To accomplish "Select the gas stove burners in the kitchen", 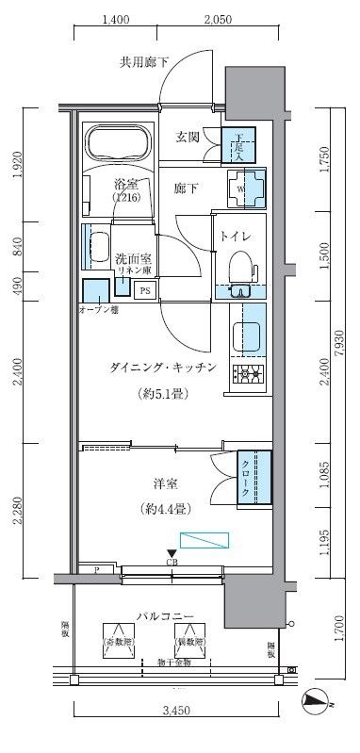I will pyautogui.click(x=250, y=374).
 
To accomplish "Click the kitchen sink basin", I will pyautogui.click(x=248, y=335).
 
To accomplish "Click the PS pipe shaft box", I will pyautogui.click(x=145, y=290).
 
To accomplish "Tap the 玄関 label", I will pyautogui.click(x=188, y=138).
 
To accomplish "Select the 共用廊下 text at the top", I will pyautogui.click(x=144, y=63).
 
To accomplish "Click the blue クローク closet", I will pyautogui.click(x=252, y=480).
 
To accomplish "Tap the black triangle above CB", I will pyautogui.click(x=171, y=553).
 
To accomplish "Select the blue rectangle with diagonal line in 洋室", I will pyautogui.click(x=205, y=540).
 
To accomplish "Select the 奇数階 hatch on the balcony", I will pyautogui.click(x=118, y=643).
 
